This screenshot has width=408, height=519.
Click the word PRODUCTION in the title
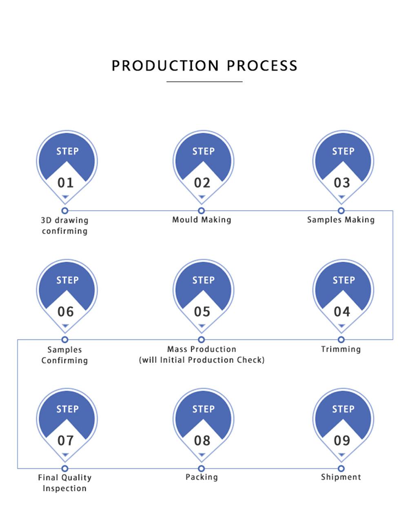(165, 66)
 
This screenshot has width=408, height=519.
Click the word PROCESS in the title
(262, 66)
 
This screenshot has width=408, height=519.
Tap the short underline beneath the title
(204, 82)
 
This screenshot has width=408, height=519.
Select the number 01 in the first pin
(65, 182)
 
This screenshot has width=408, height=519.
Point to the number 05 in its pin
(202, 312)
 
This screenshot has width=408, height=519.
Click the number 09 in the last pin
(342, 440)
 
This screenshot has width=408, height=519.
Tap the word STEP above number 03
(344, 151)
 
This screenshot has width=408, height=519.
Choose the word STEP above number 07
(67, 409)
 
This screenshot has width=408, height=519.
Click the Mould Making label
(202, 220)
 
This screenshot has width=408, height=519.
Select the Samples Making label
(341, 220)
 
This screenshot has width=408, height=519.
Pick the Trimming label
(341, 349)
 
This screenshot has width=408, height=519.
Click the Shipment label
(341, 477)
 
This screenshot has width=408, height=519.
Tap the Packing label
(202, 477)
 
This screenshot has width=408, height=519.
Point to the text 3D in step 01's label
(45, 220)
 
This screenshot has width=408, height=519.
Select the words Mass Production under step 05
(202, 349)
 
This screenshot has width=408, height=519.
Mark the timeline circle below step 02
(201, 211)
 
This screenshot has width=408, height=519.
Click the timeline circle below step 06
(64, 339)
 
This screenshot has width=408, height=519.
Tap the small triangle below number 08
(202, 455)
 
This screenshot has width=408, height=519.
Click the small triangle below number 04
(341, 326)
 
